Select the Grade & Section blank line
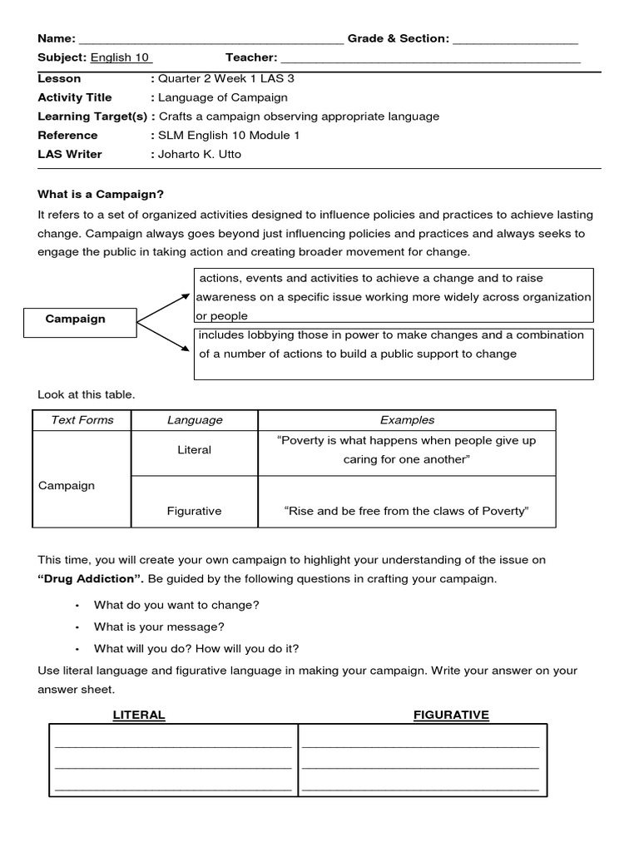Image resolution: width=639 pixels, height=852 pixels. pos(515,40)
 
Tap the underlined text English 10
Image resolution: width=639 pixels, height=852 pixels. pos(121,57)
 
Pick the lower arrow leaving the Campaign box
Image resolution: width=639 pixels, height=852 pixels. pos(163,336)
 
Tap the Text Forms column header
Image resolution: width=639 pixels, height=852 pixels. pos(82,420)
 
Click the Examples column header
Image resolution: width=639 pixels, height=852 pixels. pos(407,420)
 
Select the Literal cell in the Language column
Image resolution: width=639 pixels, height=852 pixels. pos(195,450)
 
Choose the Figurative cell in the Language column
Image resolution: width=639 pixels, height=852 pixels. pos(195,511)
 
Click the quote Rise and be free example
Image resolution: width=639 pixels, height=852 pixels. pos(407,511)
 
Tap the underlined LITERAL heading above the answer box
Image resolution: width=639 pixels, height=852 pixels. pos(139,715)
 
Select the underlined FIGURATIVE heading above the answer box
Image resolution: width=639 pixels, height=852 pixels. pos(451,715)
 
